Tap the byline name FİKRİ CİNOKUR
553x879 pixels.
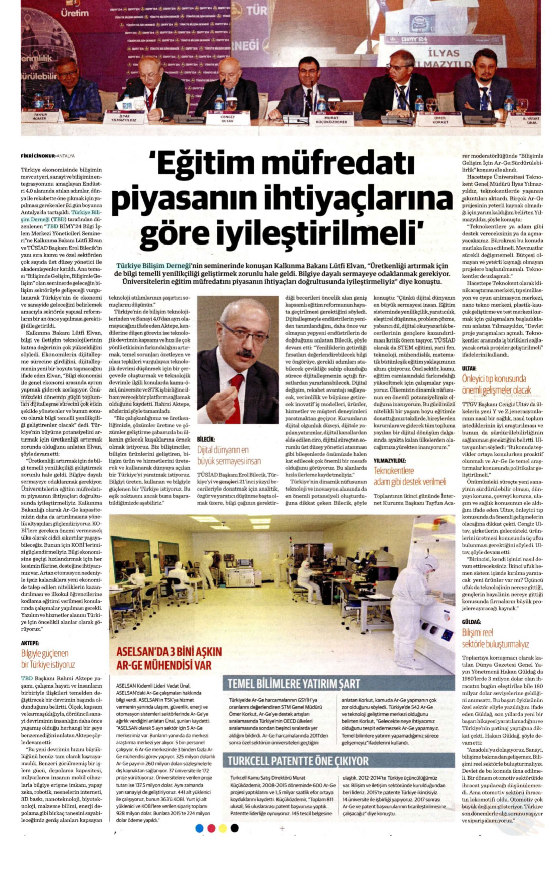click(37, 156)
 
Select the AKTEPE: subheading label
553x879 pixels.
click(30, 643)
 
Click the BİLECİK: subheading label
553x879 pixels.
click(206, 439)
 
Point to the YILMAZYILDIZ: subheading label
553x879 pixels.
click(390, 461)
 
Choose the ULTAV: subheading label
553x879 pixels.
click(469, 369)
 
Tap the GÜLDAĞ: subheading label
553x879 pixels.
click(471, 622)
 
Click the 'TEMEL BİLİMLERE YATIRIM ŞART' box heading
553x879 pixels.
click(294, 684)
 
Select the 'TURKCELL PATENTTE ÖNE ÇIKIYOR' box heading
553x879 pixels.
click(298, 761)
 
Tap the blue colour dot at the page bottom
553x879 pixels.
click(199, 828)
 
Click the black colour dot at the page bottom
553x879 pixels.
click(234, 828)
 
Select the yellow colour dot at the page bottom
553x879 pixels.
click(223, 828)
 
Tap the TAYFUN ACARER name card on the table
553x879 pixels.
click(40, 116)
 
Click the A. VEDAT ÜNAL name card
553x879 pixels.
click(531, 120)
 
